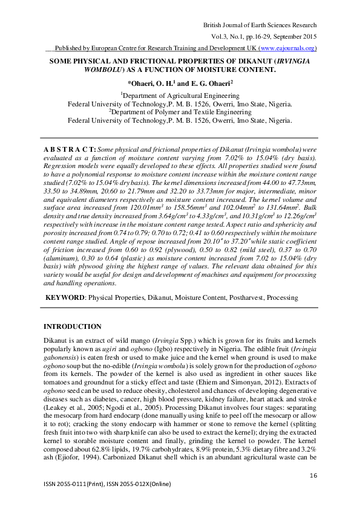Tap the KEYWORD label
(66, 298)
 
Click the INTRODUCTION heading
(73, 326)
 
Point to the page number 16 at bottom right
(313, 476)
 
